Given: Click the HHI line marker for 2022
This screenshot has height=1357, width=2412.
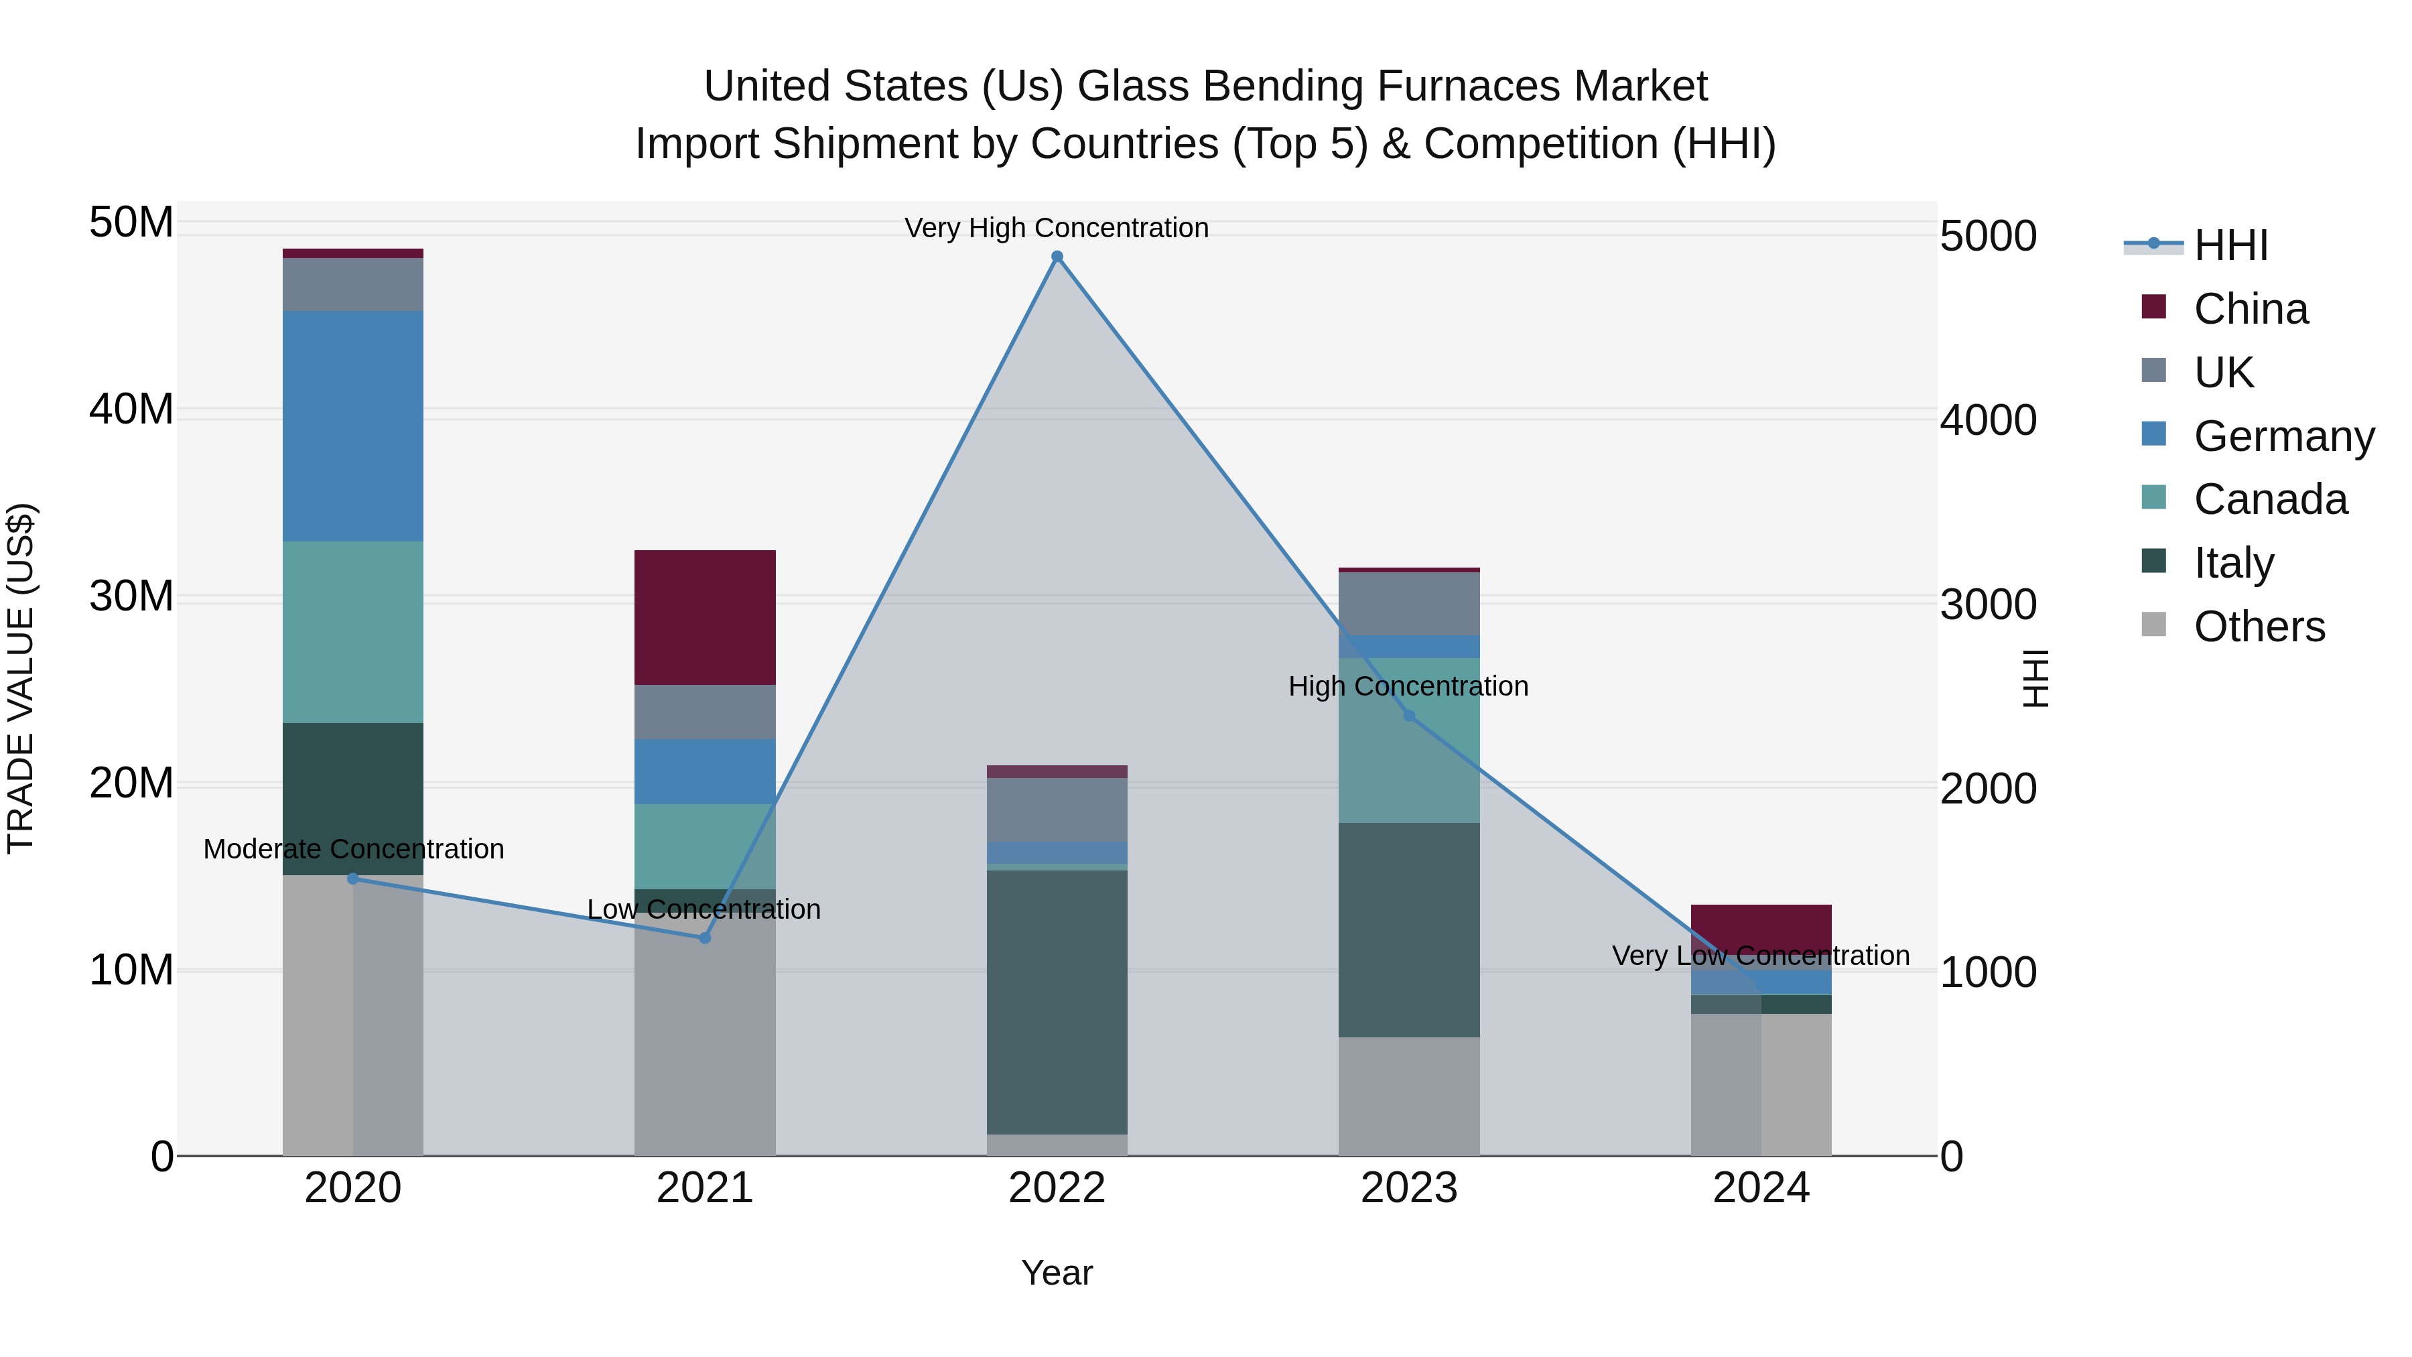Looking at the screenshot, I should tap(1057, 257).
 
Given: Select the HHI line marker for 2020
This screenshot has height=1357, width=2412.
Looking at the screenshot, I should tap(353, 879).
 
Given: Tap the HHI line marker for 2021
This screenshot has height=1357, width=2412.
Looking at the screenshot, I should tap(705, 938).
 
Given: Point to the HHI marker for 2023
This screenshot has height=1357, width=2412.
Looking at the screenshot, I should tap(1409, 716).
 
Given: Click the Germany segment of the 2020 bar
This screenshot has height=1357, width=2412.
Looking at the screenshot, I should tap(353, 426).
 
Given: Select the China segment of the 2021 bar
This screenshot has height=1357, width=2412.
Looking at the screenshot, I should tap(705, 617).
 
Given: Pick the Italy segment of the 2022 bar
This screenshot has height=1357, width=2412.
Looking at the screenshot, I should tap(1057, 1002).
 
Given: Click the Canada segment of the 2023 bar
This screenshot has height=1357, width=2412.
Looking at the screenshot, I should tap(1409, 740).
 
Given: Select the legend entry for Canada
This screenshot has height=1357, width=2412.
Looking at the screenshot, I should tap(2270, 499).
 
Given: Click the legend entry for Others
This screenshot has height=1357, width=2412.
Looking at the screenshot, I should tap(2259, 627).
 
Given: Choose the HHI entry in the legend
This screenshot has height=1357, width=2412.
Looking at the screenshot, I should tap(2230, 245).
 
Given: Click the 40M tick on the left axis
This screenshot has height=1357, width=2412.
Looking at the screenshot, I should tap(131, 409).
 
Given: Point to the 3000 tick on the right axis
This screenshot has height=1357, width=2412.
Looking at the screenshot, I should tap(1988, 604).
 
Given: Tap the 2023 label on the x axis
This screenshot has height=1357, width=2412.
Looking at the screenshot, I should tap(1409, 1188).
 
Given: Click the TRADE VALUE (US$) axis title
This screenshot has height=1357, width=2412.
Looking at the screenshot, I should tap(21, 678).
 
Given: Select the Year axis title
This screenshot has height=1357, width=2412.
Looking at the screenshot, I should tap(1057, 1273).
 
